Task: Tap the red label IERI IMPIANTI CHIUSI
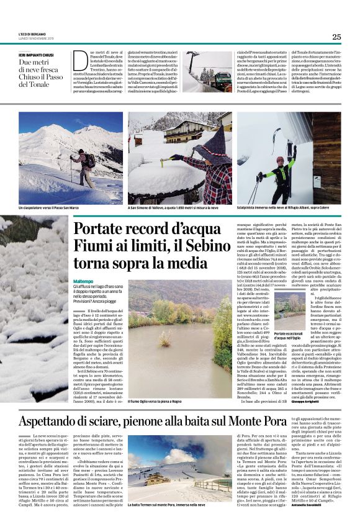37,55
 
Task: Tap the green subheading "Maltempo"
84,281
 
